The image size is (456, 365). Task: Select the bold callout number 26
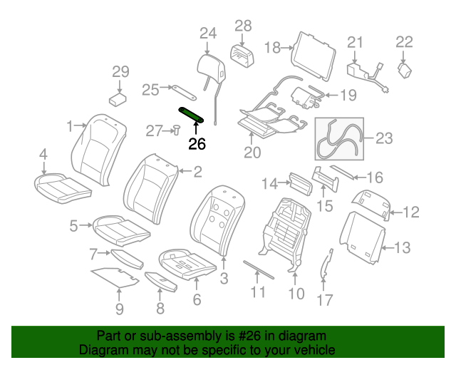(x=197, y=143)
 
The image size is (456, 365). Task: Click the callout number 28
(x=243, y=26)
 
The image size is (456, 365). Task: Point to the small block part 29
(x=118, y=97)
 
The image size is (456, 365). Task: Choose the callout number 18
(x=273, y=48)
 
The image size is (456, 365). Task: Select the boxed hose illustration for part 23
(x=338, y=138)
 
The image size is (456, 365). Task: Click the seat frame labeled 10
(x=286, y=231)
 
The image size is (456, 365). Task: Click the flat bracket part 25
(x=184, y=92)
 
